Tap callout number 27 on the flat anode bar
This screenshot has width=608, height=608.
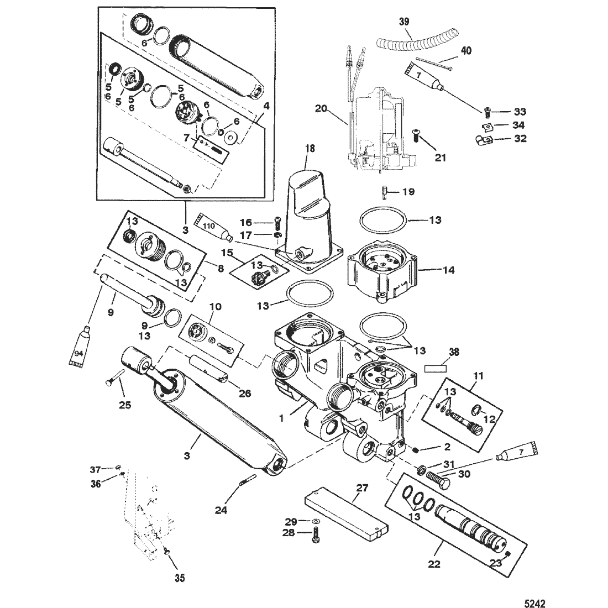[361, 488]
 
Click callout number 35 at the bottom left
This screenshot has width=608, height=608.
[180, 578]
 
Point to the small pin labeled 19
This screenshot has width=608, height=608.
[384, 192]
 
